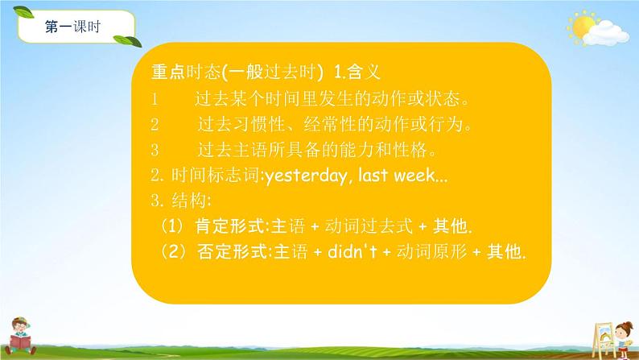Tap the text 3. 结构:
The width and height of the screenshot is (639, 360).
(x=180, y=201)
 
